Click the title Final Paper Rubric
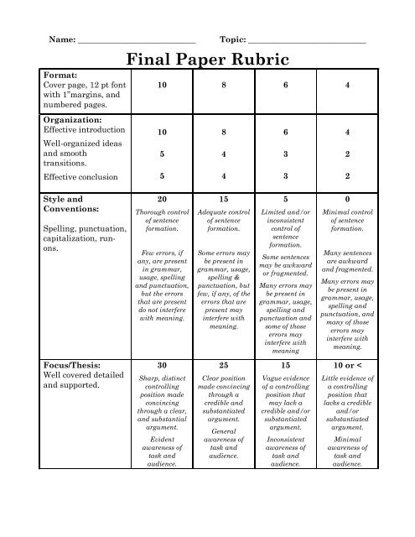point(207,60)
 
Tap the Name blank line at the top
point(136,39)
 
